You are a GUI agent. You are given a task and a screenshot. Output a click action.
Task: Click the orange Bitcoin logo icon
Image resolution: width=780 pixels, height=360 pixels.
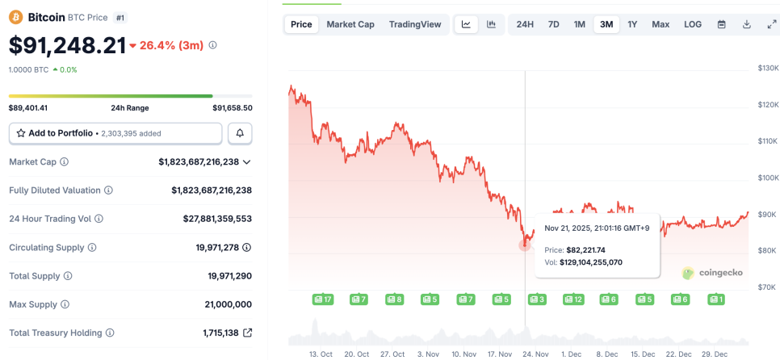[16, 16]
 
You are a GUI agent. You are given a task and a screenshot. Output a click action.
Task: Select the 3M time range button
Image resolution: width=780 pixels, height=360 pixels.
[606, 24]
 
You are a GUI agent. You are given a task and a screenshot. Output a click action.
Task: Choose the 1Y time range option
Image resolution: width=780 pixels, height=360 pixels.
[632, 24]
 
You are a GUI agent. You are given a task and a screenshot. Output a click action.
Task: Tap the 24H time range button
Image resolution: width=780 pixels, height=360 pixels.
[525, 24]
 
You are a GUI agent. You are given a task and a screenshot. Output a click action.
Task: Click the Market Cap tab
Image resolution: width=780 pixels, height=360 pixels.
[350, 24]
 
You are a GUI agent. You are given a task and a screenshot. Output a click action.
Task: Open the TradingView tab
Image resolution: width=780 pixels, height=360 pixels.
[415, 24]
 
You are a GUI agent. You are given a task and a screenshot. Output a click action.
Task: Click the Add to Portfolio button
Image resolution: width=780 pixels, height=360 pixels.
[115, 133]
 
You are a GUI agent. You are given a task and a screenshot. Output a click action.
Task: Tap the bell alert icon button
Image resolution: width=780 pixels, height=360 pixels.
[240, 133]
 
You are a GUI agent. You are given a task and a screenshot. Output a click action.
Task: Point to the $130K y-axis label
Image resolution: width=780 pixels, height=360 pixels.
[768, 68]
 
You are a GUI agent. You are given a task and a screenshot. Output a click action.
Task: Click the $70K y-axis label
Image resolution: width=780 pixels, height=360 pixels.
[768, 287]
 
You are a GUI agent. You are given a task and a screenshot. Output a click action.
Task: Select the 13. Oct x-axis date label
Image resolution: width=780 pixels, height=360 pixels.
[321, 354]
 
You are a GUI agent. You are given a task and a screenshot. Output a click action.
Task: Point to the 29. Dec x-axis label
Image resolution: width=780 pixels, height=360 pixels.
[715, 354]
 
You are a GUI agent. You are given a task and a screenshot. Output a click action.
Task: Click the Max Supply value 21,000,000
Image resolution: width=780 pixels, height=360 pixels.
[229, 304]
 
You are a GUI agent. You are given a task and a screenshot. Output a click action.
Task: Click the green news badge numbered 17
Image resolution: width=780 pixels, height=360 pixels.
[323, 299]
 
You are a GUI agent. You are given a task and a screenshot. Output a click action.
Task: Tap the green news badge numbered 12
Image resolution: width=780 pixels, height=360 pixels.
[573, 299]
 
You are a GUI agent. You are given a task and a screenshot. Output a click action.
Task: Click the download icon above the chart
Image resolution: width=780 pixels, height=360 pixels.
[746, 24]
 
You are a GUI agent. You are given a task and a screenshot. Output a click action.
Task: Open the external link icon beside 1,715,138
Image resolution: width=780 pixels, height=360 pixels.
[247, 333]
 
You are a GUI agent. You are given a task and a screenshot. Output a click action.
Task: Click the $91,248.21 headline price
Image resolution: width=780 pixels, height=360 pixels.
[67, 45]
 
